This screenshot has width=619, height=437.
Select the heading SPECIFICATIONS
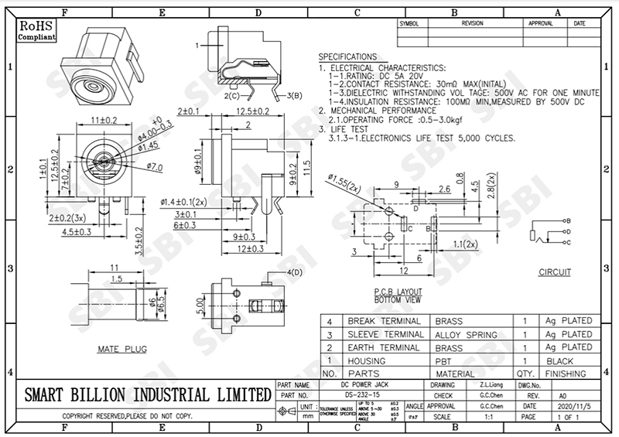point(347,57)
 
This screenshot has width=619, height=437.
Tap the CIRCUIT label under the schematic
point(555,272)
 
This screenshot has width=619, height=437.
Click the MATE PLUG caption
point(121,350)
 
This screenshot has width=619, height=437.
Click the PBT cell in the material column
point(444,360)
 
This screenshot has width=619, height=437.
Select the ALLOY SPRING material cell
point(466,334)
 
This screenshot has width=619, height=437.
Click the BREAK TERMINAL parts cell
point(384,321)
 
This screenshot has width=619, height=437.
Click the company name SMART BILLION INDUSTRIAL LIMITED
point(145,393)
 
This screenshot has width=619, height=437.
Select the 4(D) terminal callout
point(295,274)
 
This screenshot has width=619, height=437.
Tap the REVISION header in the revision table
point(471,24)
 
